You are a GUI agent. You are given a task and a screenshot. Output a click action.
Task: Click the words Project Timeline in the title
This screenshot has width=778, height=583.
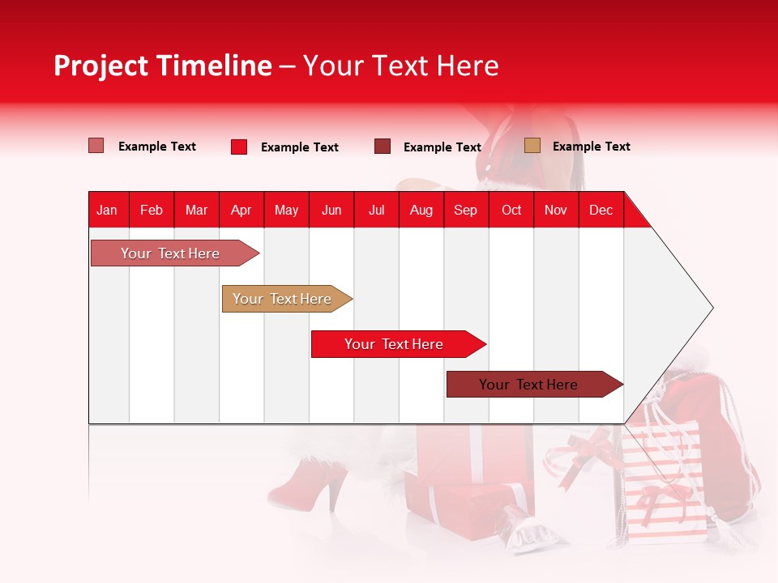click(x=162, y=66)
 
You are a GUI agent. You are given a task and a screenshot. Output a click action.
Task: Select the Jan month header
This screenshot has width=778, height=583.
click(x=107, y=210)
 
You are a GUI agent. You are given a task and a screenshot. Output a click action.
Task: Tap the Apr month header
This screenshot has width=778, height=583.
click(x=241, y=210)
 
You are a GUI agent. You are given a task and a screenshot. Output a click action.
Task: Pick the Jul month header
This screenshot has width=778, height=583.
click(x=376, y=210)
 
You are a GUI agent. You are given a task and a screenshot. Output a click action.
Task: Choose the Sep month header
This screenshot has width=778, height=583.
click(x=465, y=210)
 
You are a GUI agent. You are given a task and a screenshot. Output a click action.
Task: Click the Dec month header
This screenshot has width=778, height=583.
click(x=601, y=210)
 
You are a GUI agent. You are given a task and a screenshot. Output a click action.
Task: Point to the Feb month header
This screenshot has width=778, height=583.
click(x=152, y=210)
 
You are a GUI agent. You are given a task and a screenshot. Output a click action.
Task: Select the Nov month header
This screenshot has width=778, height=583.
click(x=555, y=210)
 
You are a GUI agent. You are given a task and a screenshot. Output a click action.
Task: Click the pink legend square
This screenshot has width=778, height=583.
click(x=96, y=146)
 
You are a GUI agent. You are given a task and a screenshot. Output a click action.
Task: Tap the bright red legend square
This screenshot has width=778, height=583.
click(x=239, y=147)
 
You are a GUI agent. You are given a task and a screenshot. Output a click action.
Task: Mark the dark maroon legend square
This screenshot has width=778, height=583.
click(x=383, y=147)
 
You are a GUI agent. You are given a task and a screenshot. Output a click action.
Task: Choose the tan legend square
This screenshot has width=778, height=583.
click(x=532, y=146)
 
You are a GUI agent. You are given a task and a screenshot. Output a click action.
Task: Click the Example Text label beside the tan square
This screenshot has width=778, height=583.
click(x=591, y=147)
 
